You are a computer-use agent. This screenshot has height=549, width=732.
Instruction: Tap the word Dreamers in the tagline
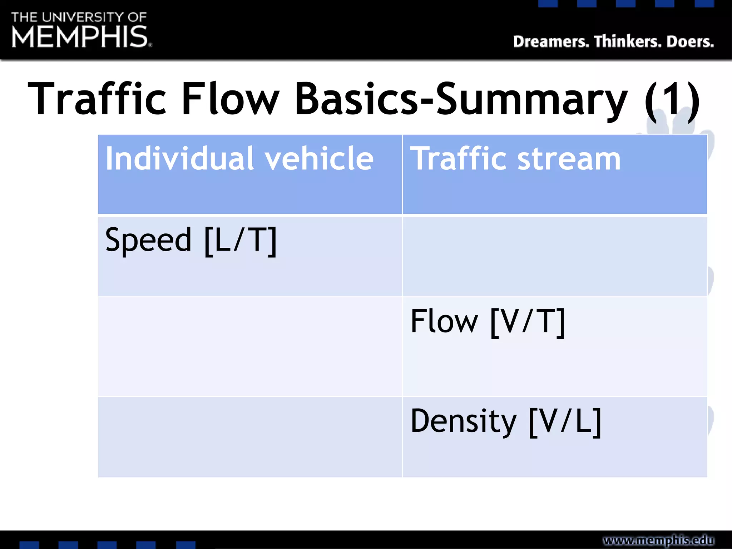[551, 42]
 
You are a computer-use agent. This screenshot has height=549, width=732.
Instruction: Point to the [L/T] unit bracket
[241, 241]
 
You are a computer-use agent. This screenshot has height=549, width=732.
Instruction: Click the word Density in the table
[464, 422]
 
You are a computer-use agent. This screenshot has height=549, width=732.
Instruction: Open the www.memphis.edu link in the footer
[658, 540]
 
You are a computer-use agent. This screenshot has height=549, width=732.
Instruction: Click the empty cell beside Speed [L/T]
[555, 257]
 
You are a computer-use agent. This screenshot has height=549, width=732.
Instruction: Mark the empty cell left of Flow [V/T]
[250, 346]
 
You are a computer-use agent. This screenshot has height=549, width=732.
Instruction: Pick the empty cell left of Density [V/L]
[250, 437]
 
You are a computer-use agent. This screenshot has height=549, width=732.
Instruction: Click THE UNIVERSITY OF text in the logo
[79, 17]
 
